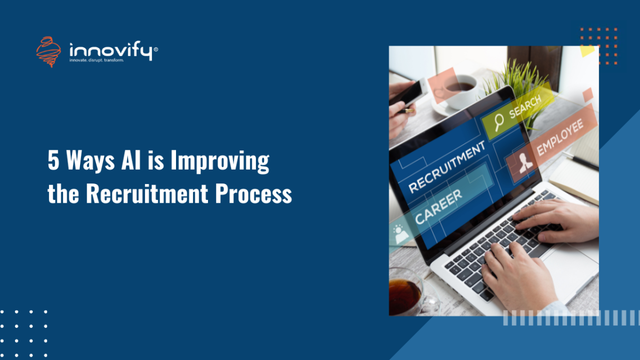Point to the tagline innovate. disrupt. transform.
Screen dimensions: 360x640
click(x=97, y=60)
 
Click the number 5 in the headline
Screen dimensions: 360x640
click(x=53, y=161)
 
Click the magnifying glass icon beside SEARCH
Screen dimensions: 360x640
click(x=499, y=122)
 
